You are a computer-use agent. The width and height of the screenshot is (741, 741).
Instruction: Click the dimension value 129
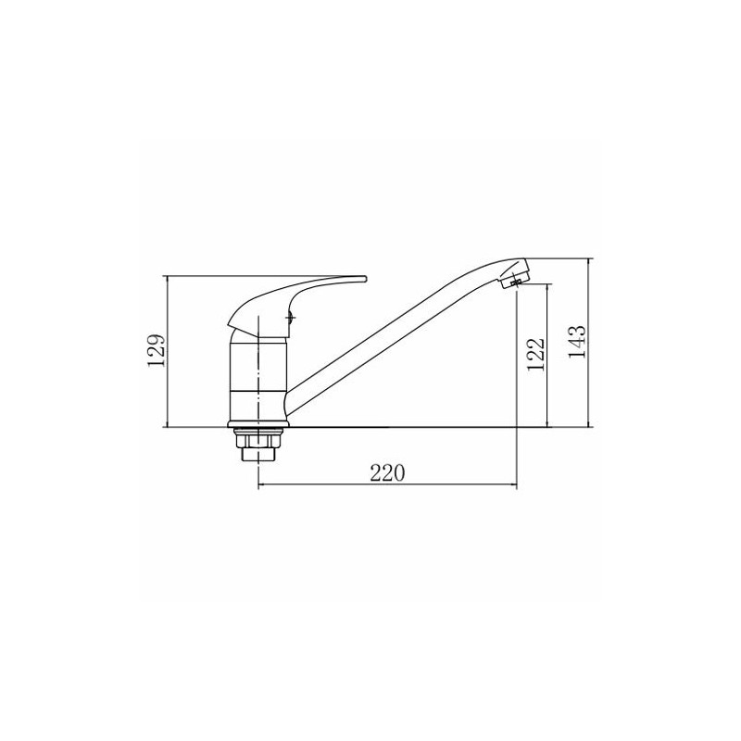[x=157, y=350]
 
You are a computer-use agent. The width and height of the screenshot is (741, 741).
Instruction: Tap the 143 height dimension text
[x=576, y=341]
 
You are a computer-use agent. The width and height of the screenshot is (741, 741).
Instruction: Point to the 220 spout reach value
[x=387, y=472]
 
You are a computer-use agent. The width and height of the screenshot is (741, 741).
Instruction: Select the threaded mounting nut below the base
[x=258, y=446]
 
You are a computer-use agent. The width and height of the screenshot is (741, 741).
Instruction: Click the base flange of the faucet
[x=258, y=424]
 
